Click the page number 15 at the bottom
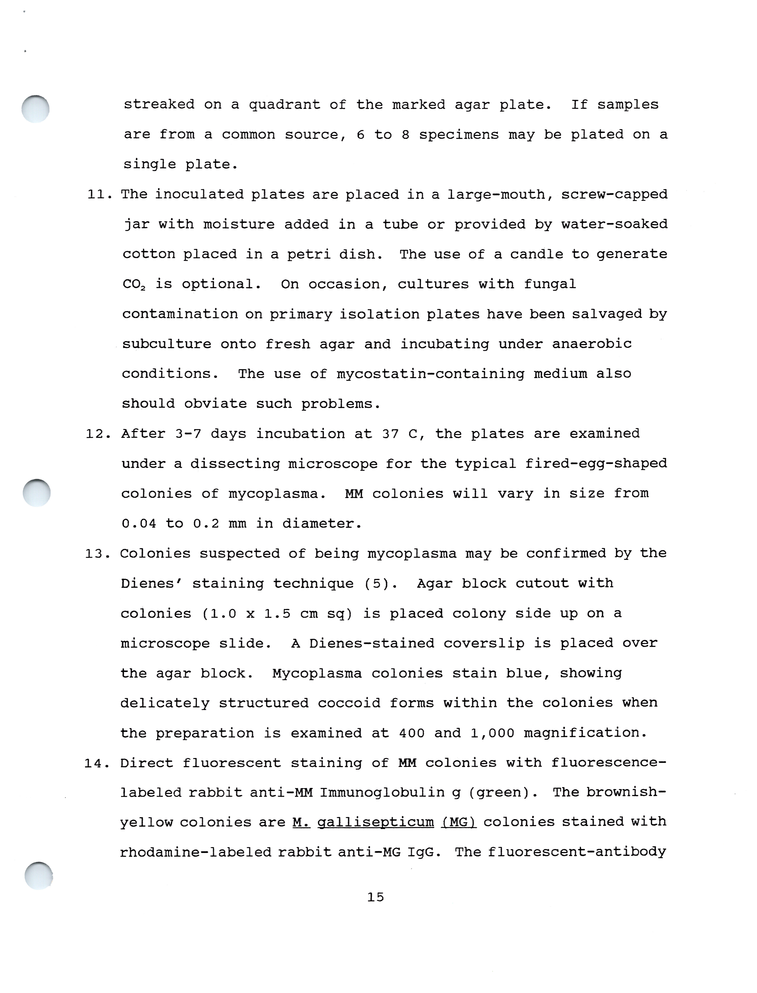click(375, 897)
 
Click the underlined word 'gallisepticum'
click(375, 823)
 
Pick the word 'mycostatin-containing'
click(430, 374)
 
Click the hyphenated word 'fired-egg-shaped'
click(596, 464)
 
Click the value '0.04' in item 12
click(139, 524)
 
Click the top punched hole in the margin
click(36, 109)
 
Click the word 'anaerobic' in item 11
click(592, 344)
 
